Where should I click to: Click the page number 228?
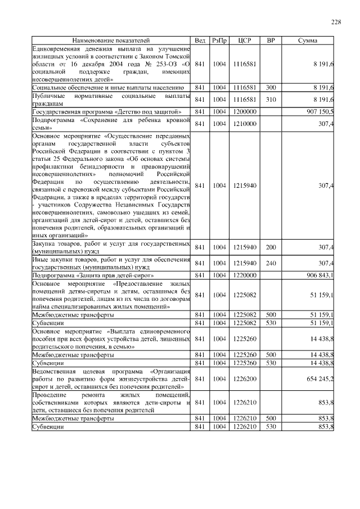[x=335, y=22]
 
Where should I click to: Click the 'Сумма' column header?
[x=307, y=40]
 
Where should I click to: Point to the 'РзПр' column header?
[x=219, y=40]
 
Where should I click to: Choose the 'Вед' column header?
[x=200, y=40]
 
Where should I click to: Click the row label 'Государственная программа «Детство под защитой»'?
[x=106, y=112]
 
